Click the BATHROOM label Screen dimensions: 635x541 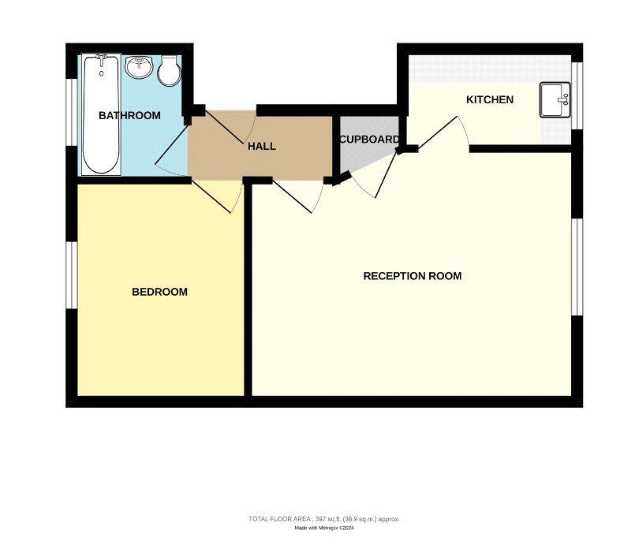coord(129,115)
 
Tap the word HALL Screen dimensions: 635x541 coord(262,146)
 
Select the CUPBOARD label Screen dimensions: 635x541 coord(369,140)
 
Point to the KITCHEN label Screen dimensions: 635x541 coord(490,99)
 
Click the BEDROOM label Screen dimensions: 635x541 coord(159,292)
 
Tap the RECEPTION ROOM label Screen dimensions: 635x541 coord(413,276)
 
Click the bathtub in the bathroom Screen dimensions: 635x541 coord(101,115)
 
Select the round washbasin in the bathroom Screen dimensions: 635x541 coord(139,67)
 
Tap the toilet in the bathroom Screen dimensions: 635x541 coord(169,71)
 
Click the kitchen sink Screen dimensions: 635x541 coord(555,100)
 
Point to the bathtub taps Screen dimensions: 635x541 coord(101,57)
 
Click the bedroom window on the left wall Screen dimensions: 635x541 coord(72,275)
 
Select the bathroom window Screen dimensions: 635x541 coord(72,112)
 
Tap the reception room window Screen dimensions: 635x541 coord(577,267)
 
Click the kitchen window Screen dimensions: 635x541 coord(577,96)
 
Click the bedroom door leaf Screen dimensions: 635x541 coord(211,197)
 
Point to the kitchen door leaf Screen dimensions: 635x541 coord(438,132)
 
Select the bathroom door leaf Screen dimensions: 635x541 coord(172,144)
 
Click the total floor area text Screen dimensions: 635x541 coord(324,519)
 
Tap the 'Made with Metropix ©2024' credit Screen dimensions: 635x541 coord(324,528)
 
